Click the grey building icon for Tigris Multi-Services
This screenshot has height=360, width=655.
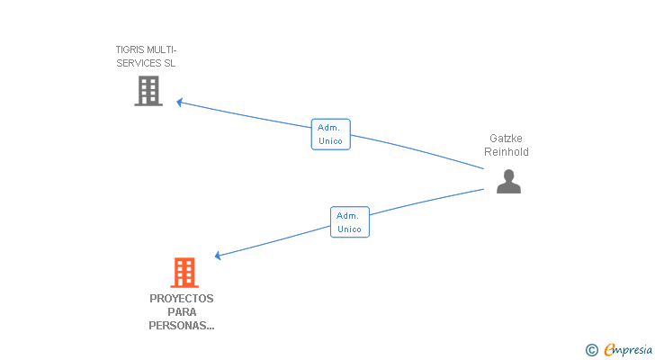point(148,91)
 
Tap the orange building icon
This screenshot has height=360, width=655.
point(184,273)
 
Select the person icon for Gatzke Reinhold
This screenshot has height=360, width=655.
point(508,181)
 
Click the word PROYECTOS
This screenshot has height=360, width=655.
point(182,299)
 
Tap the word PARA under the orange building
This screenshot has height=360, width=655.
point(182,312)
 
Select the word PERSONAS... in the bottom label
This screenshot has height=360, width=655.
point(182,326)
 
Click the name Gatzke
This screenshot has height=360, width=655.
point(506,139)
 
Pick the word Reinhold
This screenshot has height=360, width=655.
point(507,151)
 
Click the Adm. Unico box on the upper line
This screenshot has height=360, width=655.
point(331,134)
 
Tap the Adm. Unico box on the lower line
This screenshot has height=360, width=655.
point(350,222)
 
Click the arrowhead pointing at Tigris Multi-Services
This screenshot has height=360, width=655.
point(180,103)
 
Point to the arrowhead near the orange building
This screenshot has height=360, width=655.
point(218,256)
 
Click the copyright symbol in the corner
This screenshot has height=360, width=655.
point(591,350)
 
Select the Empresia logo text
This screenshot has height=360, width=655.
point(628,350)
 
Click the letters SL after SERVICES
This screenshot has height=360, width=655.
point(169,63)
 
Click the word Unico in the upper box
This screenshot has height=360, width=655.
point(330,141)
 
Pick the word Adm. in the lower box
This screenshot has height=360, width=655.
point(347,216)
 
